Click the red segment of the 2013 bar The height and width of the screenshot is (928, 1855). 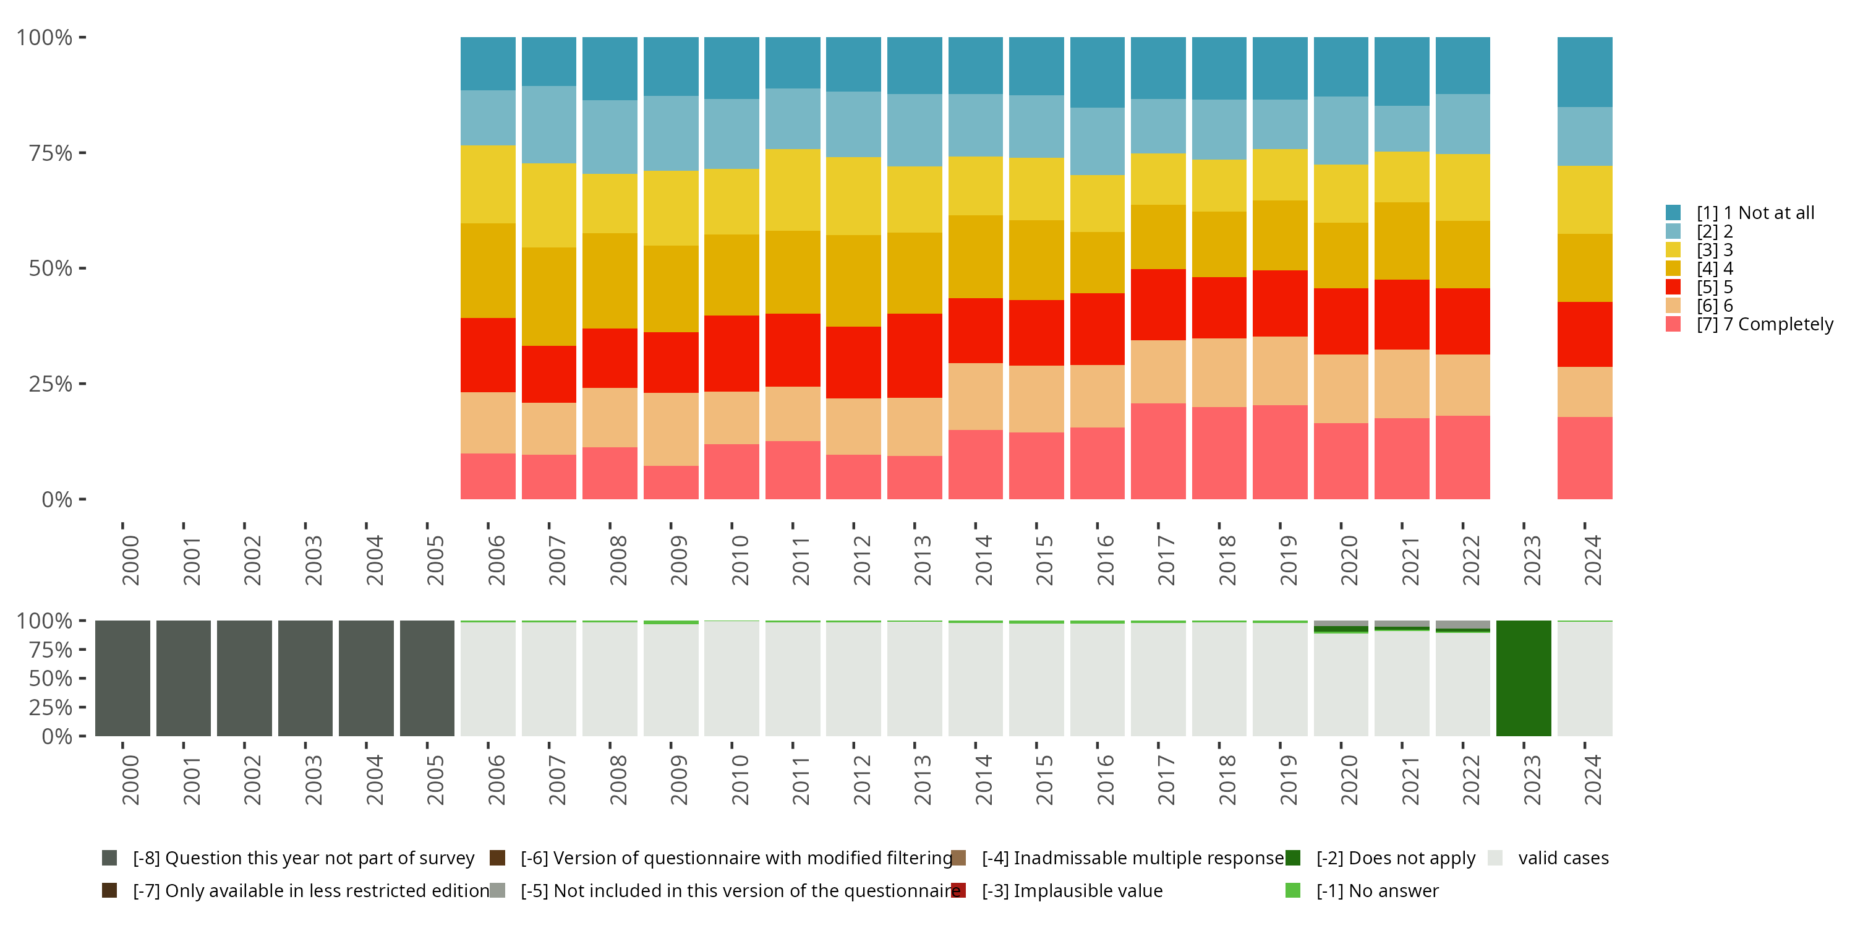pos(915,355)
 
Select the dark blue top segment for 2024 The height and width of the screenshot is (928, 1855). pos(1584,72)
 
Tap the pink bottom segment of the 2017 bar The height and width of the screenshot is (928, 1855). pos(1158,451)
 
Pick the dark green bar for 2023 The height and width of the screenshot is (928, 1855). pos(1523,678)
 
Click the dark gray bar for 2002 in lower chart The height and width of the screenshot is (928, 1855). pos(244,678)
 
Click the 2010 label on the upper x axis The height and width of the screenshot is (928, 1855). pos(740,561)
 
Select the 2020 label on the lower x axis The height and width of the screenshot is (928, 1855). pos(1349,780)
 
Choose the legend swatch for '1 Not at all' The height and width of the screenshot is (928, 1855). pos(1673,213)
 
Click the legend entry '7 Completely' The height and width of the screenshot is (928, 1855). pos(1764,324)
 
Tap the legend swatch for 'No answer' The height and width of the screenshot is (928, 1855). pos(1292,890)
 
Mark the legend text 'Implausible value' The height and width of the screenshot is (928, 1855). pos(1072,890)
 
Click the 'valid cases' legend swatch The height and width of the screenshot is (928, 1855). pos(1495,858)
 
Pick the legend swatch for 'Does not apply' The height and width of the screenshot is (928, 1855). pos(1292,858)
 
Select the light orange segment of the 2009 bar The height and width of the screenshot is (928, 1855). pos(670,429)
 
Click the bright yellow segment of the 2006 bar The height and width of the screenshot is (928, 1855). pos(487,184)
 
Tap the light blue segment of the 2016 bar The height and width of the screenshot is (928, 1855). pos(1097,141)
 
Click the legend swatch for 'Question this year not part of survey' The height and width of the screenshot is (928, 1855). pos(109,858)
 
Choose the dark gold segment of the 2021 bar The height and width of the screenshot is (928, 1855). pos(1401,241)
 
